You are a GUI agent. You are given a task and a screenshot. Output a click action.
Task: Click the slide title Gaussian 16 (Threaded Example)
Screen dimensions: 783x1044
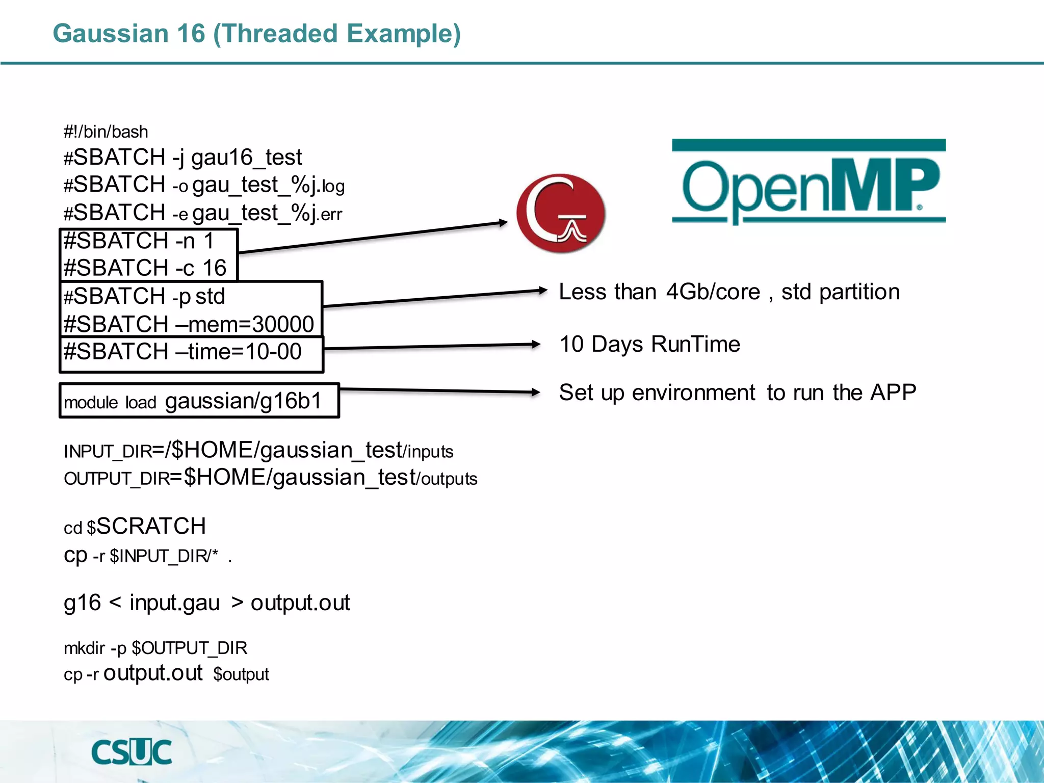pyautogui.click(x=256, y=34)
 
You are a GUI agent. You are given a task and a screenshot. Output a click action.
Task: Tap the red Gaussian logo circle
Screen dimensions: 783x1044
pyautogui.click(x=561, y=213)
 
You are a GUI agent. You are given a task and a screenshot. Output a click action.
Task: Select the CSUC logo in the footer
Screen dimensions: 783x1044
pyautogui.click(x=132, y=752)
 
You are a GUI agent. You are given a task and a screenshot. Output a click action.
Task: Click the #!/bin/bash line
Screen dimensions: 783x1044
pyautogui.click(x=106, y=132)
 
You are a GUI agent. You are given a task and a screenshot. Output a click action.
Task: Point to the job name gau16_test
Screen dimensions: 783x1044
pyautogui.click(x=246, y=158)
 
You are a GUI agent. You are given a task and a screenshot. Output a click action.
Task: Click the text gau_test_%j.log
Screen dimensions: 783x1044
pyautogui.click(x=269, y=185)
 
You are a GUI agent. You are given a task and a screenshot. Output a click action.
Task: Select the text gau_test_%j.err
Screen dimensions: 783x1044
pyautogui.click(x=267, y=213)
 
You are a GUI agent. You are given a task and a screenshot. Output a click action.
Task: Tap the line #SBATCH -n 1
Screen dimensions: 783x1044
pyautogui.click(x=138, y=241)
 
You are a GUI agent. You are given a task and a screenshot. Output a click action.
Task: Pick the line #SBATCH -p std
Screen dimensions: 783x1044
pyautogui.click(x=144, y=296)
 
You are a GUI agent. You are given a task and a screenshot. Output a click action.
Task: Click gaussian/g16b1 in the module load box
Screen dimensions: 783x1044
pyautogui.click(x=244, y=401)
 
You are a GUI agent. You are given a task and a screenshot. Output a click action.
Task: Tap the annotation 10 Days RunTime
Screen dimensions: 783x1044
pyautogui.click(x=649, y=344)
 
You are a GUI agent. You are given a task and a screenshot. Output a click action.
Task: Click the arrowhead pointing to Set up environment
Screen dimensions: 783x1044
pyautogui.click(x=535, y=392)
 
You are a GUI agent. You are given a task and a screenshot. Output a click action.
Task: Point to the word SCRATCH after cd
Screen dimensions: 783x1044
pyautogui.click(x=151, y=526)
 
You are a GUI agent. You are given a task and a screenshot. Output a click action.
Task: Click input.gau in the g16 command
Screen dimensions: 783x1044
pyautogui.click(x=174, y=603)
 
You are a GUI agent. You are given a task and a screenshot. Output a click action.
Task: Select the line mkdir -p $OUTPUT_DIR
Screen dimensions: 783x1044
pyautogui.click(x=155, y=648)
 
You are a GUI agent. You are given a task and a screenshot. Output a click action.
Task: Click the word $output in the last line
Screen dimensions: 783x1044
pyautogui.click(x=241, y=674)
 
